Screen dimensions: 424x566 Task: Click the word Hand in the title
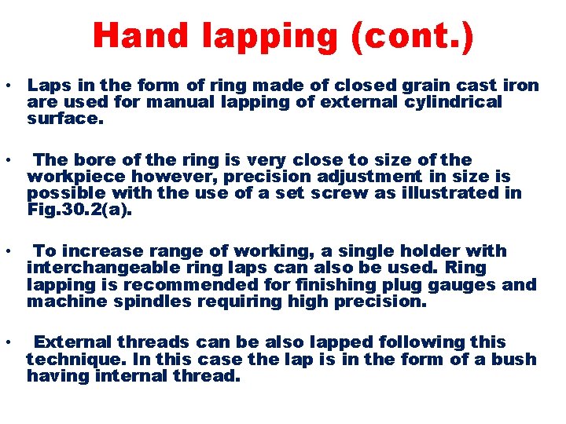pyautogui.click(x=138, y=37)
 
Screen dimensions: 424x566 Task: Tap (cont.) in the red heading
pyautogui.click(x=413, y=38)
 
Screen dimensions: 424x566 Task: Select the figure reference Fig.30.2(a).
pyautogui.click(x=76, y=210)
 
